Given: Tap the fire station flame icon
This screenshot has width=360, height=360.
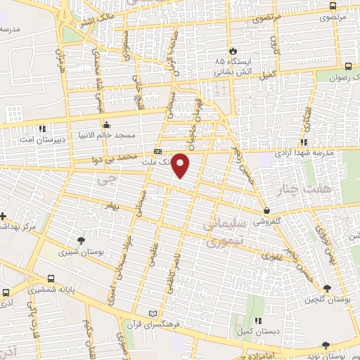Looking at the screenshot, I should [233, 51].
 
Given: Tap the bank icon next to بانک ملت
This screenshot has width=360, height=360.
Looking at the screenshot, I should [157, 151].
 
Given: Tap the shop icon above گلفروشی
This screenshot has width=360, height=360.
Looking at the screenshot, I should [266, 210].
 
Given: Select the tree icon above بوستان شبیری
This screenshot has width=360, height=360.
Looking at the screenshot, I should [82, 240].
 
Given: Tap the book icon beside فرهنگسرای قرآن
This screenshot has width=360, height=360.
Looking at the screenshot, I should [155, 311].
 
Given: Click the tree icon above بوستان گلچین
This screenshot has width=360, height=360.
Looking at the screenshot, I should [327, 288].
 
